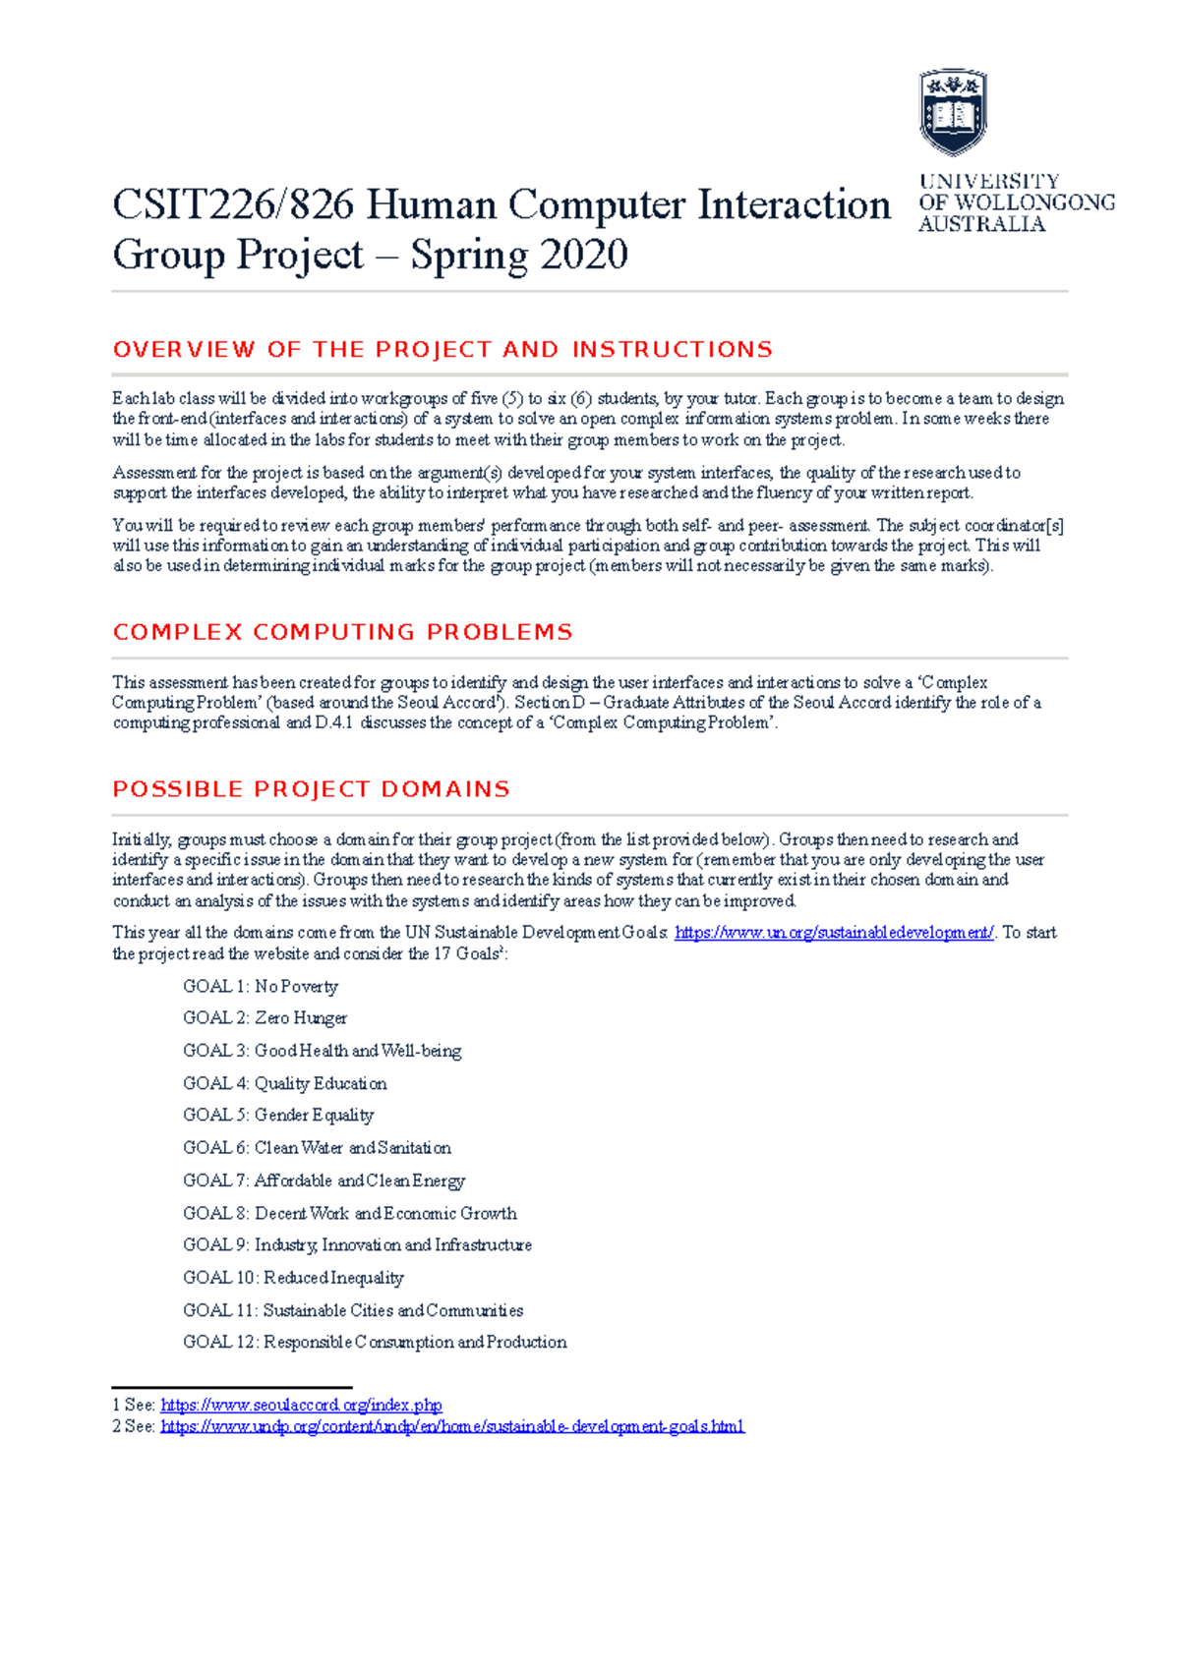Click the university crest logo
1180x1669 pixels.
(952, 111)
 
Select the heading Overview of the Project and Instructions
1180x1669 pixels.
(442, 350)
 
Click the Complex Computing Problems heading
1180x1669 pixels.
(342, 632)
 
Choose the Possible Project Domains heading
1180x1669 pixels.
(311, 789)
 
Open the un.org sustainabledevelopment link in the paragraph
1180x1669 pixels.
(834, 933)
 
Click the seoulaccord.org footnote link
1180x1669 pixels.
(301, 1406)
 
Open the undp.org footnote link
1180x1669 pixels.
(452, 1426)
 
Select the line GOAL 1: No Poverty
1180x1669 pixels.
(260, 987)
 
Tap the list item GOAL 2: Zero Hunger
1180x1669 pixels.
(265, 1018)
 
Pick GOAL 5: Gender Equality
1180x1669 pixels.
(278, 1116)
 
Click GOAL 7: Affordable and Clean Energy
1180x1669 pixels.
(324, 1180)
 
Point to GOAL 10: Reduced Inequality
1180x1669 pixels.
(293, 1278)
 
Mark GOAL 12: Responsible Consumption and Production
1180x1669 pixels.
(375, 1343)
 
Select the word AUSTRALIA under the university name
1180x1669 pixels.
(981, 224)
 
